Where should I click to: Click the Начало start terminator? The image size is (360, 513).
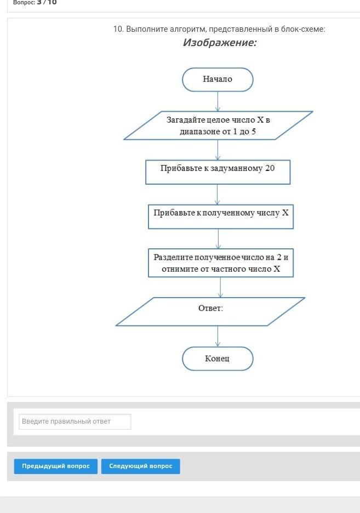(x=218, y=79)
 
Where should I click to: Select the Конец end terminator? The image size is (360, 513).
(x=218, y=358)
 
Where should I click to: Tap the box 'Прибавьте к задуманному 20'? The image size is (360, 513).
(x=218, y=172)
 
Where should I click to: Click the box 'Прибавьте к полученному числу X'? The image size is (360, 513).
(x=221, y=216)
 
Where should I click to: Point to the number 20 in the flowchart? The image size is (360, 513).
(x=270, y=168)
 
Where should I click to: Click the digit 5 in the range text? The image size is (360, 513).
(x=254, y=132)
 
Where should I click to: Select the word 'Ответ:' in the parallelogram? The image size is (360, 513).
(x=210, y=308)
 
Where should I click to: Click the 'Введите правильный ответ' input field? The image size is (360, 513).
(x=75, y=421)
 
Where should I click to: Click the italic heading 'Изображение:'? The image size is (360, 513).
(x=220, y=43)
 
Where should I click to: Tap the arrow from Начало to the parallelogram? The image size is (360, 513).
(x=218, y=101)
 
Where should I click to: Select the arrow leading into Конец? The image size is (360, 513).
(x=218, y=337)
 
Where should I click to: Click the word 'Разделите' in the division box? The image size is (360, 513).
(x=173, y=258)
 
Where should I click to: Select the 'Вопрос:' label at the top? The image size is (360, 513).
(x=24, y=3)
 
